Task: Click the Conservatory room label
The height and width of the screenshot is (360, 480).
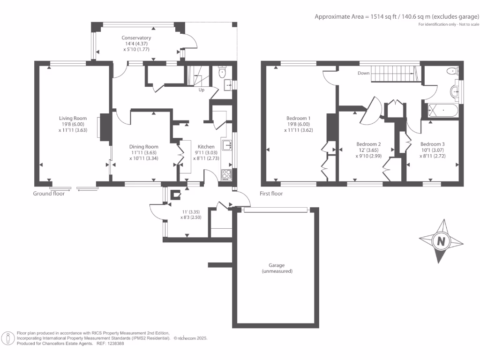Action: pos(136,37)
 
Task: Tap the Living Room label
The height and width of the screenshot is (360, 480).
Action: pos(73,118)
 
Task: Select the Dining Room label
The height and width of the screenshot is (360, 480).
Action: pos(143,147)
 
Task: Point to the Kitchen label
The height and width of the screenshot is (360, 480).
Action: pos(206,147)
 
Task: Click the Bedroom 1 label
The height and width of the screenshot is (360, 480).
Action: pos(299,118)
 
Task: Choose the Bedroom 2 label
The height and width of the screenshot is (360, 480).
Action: pos(368,144)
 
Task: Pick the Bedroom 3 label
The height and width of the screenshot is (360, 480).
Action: pos(433,144)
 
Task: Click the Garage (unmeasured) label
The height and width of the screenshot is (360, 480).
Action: pos(277,268)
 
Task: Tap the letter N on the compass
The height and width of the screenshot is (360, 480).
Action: pos(441,241)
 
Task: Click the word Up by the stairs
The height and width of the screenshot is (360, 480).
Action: pos(202,90)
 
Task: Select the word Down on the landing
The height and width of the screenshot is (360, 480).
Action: pos(364,73)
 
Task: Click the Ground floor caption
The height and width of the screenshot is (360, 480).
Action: pos(49,194)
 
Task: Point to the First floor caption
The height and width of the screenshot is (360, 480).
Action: pos(271,194)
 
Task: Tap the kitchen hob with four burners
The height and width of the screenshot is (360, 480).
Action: pos(226,174)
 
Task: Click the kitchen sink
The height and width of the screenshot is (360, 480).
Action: pos(227,145)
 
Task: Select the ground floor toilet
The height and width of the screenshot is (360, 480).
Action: pos(222,72)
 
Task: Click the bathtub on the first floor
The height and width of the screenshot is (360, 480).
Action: pos(442,110)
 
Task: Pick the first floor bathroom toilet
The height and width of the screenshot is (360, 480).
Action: pos(452,71)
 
